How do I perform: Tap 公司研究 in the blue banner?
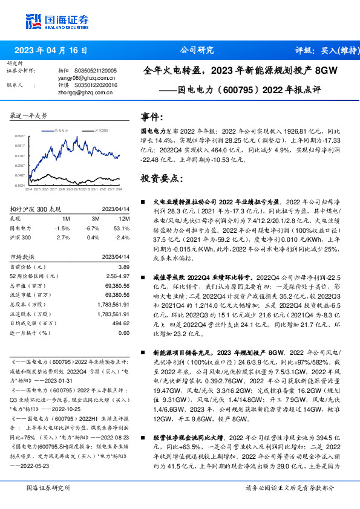pos(197,50)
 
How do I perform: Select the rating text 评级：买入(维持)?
pos(324,51)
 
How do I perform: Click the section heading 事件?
pos(151,117)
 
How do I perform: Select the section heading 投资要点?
pos(160,178)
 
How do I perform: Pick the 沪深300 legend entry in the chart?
pos(101,130)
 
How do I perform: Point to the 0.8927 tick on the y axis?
pos(20,137)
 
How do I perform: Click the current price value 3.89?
pos(123,267)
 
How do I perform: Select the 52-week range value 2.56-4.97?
pos(118,275)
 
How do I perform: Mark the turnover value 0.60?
pos(123,332)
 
